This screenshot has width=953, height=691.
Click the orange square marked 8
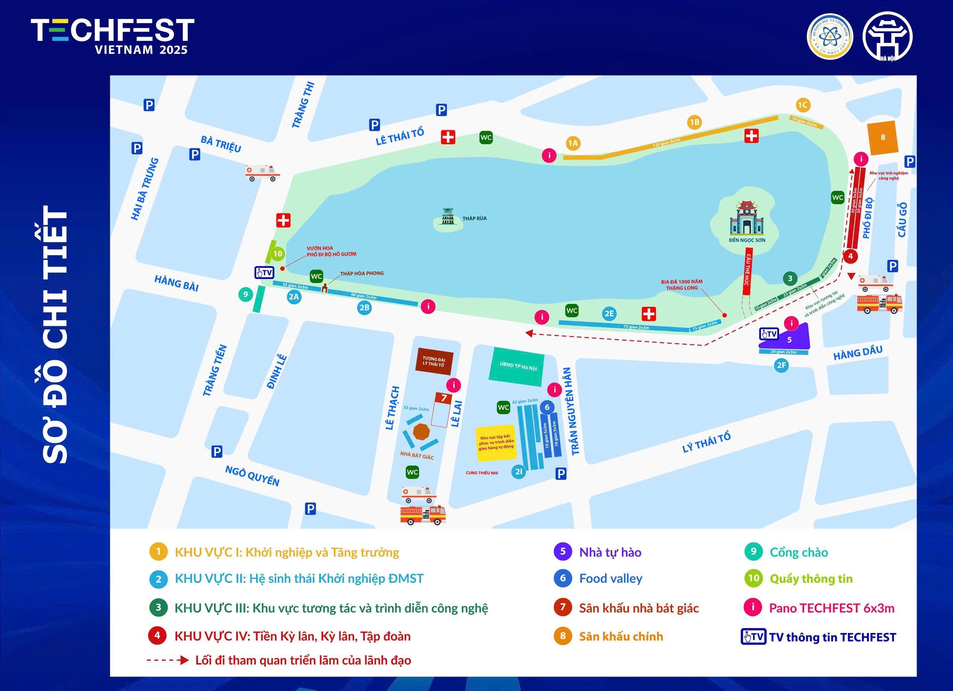pos(883,137)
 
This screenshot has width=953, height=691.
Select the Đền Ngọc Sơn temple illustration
pos(746,218)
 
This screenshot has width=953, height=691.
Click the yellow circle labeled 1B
pos(695,122)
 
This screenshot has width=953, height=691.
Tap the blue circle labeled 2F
pos(781,365)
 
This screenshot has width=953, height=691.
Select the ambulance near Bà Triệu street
pos(262,172)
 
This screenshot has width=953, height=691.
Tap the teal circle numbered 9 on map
pos(245,294)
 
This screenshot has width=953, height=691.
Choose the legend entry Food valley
pos(611,578)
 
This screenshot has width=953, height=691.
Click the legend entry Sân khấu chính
pos(621,636)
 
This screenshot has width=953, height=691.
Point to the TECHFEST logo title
pos(113,36)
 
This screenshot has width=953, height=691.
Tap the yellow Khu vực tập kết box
pos(496,443)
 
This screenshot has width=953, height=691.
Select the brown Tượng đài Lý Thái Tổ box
pos(434,361)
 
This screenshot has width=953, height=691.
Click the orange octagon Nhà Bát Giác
pos(421,431)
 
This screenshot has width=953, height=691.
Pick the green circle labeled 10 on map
pos(277,254)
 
